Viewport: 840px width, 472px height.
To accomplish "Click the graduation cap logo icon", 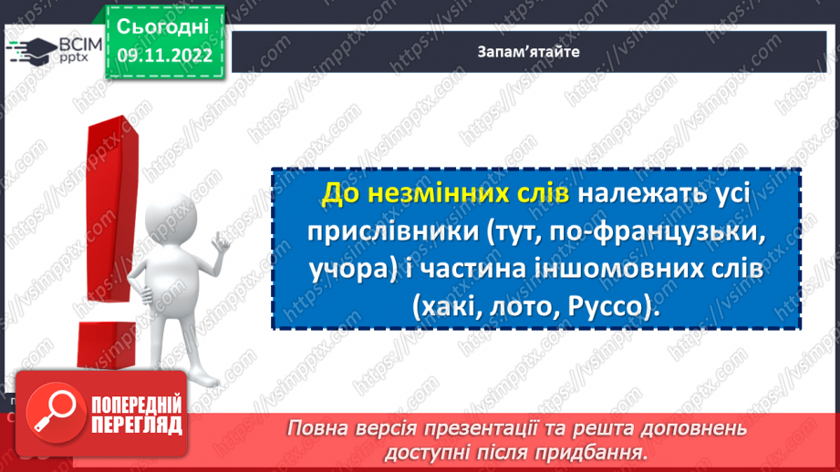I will (26, 50).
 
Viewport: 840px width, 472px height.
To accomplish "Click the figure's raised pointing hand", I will (221, 242).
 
